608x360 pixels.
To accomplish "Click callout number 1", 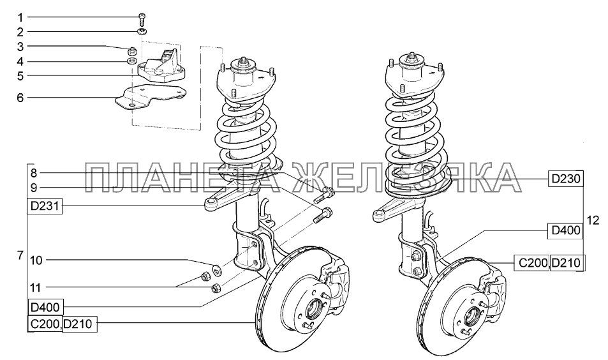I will pyautogui.click(x=20, y=17).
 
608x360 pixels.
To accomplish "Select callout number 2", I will pyautogui.click(x=20, y=31).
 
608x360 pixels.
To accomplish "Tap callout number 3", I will pyautogui.click(x=20, y=47).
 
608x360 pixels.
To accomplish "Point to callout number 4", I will pyautogui.click(x=20, y=61).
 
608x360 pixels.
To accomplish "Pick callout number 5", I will pyautogui.click(x=20, y=77).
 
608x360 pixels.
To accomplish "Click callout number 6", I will pyautogui.click(x=20, y=98).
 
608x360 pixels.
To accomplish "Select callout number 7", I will pyautogui.click(x=20, y=255).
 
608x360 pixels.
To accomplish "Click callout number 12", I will pyautogui.click(x=593, y=221).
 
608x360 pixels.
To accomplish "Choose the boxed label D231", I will pyautogui.click(x=45, y=206).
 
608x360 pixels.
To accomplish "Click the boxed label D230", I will pyautogui.click(x=565, y=179).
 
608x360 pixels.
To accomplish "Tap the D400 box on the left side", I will pyautogui.click(x=45, y=308).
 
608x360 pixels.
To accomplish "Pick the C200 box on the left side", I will pyautogui.click(x=45, y=324).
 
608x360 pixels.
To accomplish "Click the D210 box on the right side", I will pyautogui.click(x=566, y=262).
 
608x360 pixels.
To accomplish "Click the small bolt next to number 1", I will pyautogui.click(x=142, y=18).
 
